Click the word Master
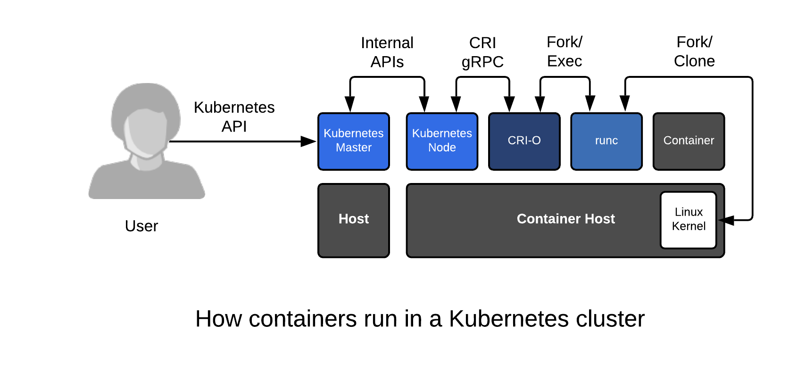[x=353, y=148]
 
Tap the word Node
[x=442, y=148]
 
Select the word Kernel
[x=689, y=226]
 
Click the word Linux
[x=689, y=212]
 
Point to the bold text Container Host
[x=565, y=219]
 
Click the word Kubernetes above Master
[x=353, y=133]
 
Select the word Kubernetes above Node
[x=442, y=133]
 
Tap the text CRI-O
[x=524, y=141]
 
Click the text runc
[x=606, y=141]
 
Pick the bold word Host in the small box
[x=353, y=219]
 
